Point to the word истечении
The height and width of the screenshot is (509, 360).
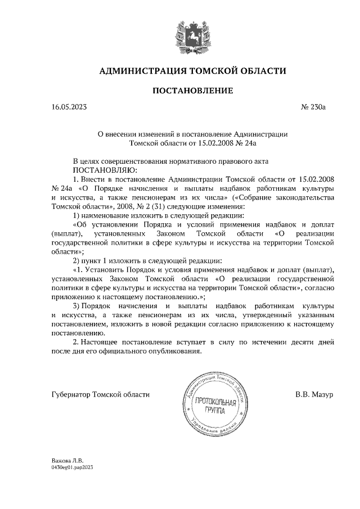[244, 341]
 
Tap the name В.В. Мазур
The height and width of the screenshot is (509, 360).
[314, 394]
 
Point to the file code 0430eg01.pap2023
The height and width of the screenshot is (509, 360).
[71, 467]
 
